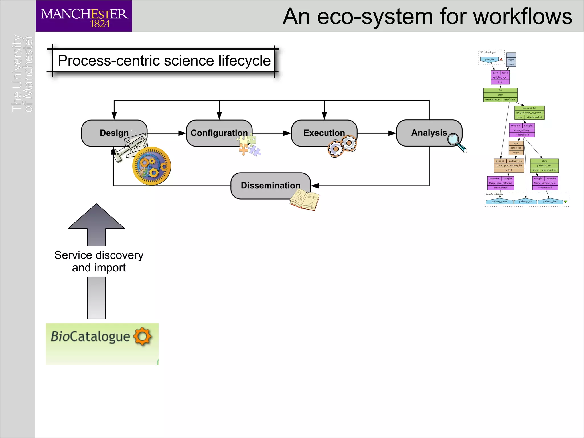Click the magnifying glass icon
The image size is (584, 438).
[456, 142]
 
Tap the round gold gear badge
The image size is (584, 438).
[152, 166]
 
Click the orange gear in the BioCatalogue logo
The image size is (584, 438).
[142, 336]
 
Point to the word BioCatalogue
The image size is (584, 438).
[90, 336]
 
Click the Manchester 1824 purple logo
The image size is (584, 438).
[84, 16]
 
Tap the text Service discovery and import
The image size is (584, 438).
[99, 261]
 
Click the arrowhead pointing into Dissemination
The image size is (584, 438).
[315, 186]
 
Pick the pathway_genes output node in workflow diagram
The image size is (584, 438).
[499, 202]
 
